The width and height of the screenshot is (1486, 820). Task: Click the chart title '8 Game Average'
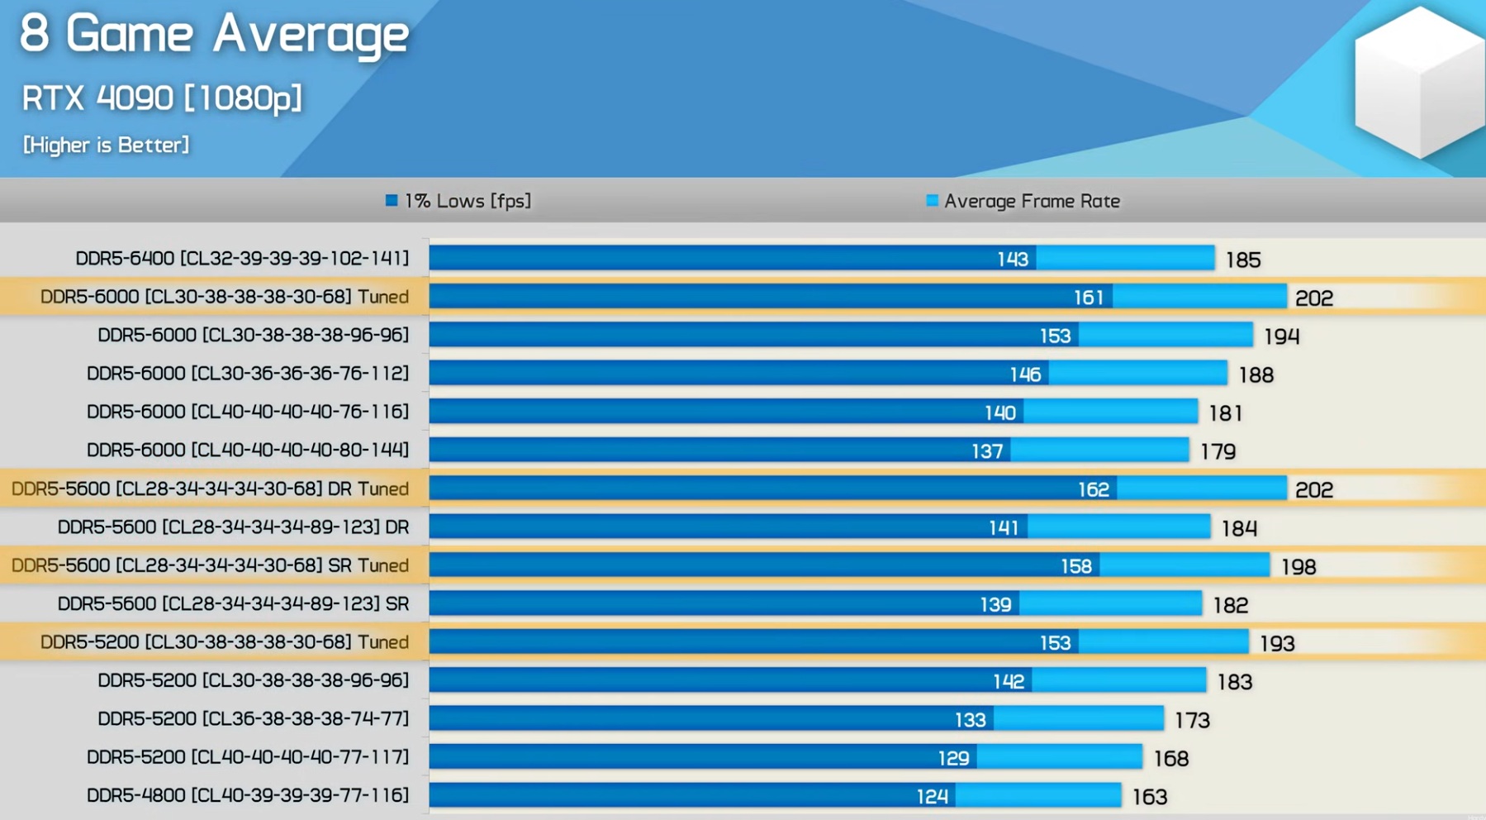coord(214,35)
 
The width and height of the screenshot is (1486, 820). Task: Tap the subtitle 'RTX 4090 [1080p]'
coord(162,98)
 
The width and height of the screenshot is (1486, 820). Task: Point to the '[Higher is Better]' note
coord(106,145)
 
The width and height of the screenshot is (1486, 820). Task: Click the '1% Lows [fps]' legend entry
coord(458,201)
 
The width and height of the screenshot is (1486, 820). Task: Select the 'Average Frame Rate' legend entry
coord(1023,201)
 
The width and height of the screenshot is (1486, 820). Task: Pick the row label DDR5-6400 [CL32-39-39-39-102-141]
coord(242,259)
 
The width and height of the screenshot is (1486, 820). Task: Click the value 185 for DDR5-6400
coord(1243,260)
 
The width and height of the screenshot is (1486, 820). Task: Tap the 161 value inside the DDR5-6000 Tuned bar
coord(1088,298)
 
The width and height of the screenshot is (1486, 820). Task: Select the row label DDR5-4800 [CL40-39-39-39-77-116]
coord(248,795)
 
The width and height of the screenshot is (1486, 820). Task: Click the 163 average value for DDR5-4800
coord(1149,797)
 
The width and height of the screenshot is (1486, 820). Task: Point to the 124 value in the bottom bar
coord(932,797)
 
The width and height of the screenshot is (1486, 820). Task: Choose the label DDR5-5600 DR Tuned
coord(210,489)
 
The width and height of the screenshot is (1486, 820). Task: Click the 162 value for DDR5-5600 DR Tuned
coord(1093,490)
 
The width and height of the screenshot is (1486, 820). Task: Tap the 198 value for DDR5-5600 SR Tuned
coord(1298,567)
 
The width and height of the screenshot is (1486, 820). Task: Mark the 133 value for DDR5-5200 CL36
coord(970,720)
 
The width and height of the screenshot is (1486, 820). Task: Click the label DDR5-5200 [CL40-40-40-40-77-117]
coord(248,757)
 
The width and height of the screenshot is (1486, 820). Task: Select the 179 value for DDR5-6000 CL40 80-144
coord(1218,452)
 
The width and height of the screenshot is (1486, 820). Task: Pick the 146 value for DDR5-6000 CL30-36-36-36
coord(1025,375)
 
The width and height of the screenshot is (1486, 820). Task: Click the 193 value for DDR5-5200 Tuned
coord(1277,644)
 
